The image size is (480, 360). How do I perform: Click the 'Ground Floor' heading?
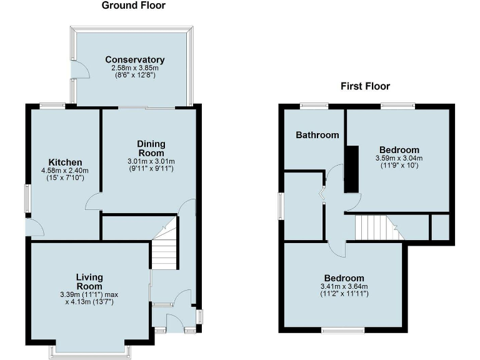coord(134,6)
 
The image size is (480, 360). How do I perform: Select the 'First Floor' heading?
coord(365,86)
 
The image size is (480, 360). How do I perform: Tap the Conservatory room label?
coord(134,60)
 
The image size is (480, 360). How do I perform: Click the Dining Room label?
coord(151,149)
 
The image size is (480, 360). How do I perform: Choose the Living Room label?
coord(89,282)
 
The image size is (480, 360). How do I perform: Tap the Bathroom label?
coord(317,135)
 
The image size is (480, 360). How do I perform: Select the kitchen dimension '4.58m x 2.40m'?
coord(64,171)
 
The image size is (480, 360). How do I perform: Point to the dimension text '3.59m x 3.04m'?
coord(399,158)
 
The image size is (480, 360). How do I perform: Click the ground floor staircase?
coord(165,250)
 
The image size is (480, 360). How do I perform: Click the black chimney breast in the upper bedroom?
coord(352,169)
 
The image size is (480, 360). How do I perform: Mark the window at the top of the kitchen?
coord(52,106)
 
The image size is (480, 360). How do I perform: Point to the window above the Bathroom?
coord(314,106)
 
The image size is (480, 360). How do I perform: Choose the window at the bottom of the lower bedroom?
coord(343,329)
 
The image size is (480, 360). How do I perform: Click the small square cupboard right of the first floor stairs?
coord(440,226)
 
